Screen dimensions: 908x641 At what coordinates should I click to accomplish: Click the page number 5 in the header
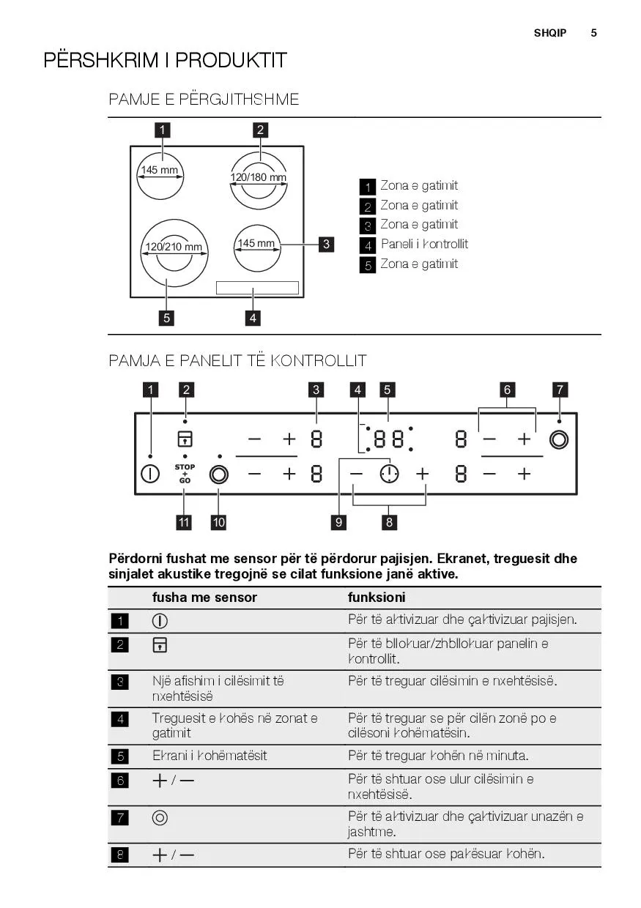[x=593, y=33]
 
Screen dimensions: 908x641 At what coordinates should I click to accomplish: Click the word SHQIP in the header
[x=550, y=33]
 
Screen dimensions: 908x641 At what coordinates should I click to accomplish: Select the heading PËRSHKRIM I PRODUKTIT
[x=165, y=60]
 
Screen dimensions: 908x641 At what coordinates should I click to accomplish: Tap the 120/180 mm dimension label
[x=259, y=177]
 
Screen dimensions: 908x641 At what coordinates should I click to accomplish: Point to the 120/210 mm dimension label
[x=172, y=247]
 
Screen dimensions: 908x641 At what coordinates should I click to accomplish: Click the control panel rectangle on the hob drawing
[x=257, y=288]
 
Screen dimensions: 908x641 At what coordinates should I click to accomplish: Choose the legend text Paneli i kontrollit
[x=424, y=244]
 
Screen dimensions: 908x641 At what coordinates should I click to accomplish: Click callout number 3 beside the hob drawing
[x=326, y=244]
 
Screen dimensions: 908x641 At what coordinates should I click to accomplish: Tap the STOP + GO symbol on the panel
[x=185, y=474]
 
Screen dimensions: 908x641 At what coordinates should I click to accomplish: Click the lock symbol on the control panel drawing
[x=185, y=439]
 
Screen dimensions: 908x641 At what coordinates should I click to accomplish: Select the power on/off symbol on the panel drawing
[x=150, y=474]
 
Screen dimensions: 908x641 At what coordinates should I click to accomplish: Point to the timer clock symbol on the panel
[x=389, y=474]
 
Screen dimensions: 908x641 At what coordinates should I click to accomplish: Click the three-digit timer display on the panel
[x=389, y=439]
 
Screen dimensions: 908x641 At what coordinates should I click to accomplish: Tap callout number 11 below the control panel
[x=184, y=522]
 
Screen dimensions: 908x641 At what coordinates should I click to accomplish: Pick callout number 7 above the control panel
[x=560, y=390]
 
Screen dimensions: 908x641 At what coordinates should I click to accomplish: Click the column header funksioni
[x=377, y=598]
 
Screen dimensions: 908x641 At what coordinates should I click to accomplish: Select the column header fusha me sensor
[x=204, y=598]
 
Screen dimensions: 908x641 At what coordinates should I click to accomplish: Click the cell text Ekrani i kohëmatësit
[x=210, y=756]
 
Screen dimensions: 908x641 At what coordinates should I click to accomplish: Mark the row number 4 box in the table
[x=119, y=719]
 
